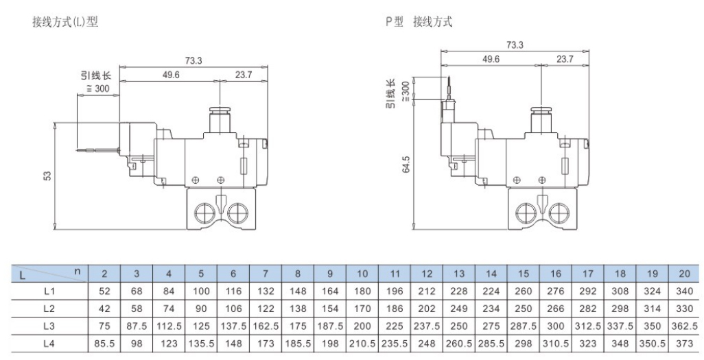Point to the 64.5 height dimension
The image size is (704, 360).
(406, 165)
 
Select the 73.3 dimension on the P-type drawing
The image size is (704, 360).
(515, 45)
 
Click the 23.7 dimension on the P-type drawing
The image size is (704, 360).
(565, 60)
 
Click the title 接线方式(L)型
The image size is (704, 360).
(65, 22)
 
